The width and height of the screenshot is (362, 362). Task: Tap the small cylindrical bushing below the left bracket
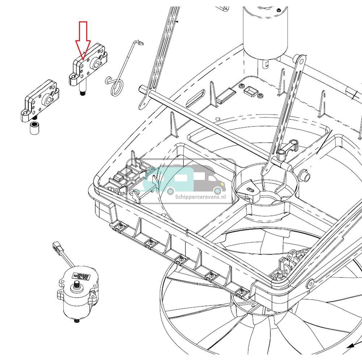pos(35,129)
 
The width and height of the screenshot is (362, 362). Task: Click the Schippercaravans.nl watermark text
pos(200,197)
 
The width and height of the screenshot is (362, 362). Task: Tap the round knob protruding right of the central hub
pos(306,176)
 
